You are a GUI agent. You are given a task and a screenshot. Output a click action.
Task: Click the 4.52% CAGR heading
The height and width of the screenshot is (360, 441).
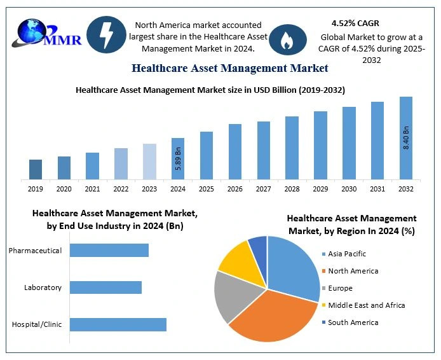click(355, 24)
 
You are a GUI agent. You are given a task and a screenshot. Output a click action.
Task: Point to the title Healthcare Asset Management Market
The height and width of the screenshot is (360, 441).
click(229, 67)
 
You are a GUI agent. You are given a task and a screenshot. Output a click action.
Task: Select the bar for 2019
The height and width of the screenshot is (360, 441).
click(36, 169)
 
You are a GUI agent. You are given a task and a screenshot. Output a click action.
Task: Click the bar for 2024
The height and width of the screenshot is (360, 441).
click(178, 158)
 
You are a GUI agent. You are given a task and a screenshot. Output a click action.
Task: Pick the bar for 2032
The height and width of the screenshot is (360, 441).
click(406, 137)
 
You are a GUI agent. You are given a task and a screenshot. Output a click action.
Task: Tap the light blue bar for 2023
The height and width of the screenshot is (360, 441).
click(149, 161)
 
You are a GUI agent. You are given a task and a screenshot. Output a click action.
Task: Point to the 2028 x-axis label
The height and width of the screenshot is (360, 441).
click(292, 189)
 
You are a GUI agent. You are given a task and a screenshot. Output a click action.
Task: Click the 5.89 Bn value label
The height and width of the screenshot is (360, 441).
click(178, 158)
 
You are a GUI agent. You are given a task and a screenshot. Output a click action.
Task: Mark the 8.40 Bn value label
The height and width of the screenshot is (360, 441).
click(406, 139)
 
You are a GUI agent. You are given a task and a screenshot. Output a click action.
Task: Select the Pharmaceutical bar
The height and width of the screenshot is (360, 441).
click(109, 251)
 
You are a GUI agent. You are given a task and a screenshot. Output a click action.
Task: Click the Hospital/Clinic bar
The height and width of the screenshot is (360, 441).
click(118, 324)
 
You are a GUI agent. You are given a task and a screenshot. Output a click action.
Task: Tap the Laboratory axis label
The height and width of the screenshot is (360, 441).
click(43, 287)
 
